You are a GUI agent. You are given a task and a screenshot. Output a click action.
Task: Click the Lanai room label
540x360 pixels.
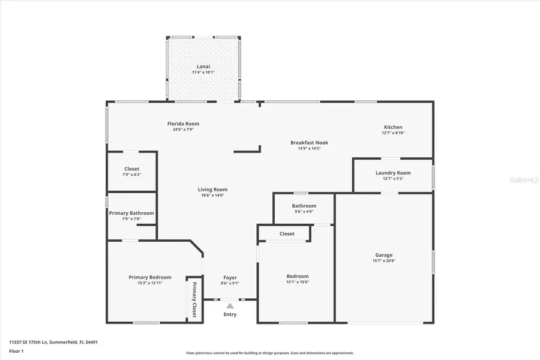pyautogui.click(x=203, y=66)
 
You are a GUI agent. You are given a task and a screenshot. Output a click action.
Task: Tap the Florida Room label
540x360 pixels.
pyautogui.click(x=183, y=124)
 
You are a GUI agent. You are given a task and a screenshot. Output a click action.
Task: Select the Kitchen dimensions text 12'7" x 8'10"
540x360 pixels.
pyautogui.click(x=393, y=133)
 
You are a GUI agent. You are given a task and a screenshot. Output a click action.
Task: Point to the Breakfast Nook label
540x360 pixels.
pyautogui.click(x=309, y=142)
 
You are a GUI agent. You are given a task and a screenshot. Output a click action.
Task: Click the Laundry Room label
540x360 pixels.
pyautogui.click(x=393, y=173)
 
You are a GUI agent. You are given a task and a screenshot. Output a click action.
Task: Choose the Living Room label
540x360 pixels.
pyautogui.click(x=212, y=190)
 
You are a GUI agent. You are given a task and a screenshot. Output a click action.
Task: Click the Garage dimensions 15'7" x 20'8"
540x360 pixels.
pyautogui.click(x=383, y=261)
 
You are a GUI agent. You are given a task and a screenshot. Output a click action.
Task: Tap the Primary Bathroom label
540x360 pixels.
pyautogui.click(x=131, y=213)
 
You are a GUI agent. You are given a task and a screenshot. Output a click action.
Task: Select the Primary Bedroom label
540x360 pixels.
pyautogui.click(x=150, y=277)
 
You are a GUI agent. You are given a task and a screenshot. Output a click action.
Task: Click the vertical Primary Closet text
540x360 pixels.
pyautogui.click(x=194, y=299)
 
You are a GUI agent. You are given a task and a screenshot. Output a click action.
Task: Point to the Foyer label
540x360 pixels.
pyautogui.click(x=230, y=277)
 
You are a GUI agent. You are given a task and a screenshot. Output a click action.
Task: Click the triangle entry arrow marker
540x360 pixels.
pyautogui.click(x=230, y=306)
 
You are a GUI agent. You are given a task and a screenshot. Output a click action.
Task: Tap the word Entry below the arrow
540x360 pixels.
pyautogui.click(x=230, y=314)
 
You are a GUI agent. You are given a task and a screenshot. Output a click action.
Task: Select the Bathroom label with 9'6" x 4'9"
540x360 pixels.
pyautogui.click(x=304, y=206)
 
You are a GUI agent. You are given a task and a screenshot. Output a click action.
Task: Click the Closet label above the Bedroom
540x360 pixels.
pyautogui.click(x=287, y=233)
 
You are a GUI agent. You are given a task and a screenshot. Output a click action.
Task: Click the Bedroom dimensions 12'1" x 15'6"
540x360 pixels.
pyautogui.click(x=297, y=283)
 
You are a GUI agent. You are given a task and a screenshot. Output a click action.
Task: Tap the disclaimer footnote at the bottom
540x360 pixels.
pyautogui.click(x=269, y=353)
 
